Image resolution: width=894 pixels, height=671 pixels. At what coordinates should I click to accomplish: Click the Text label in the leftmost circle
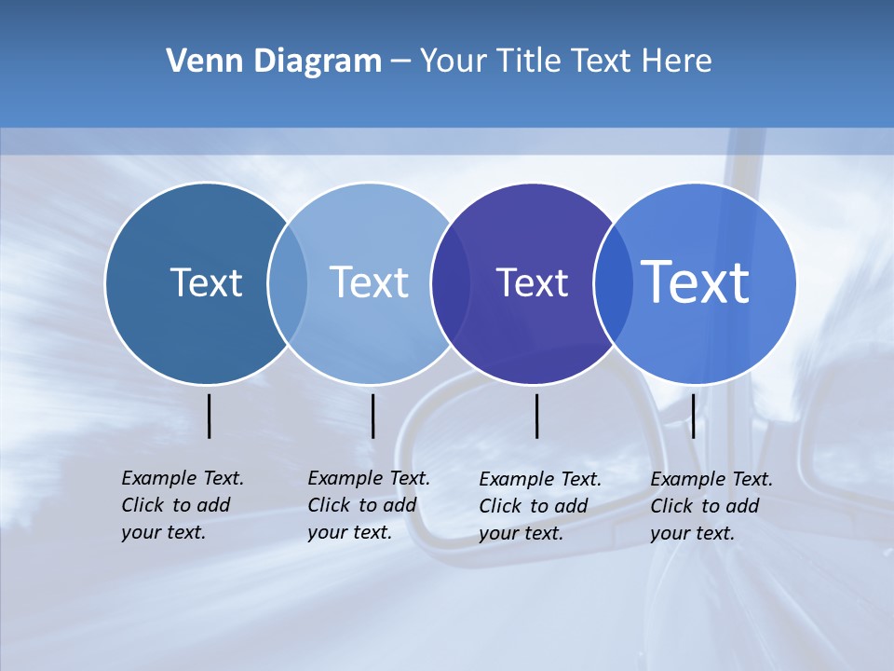(x=206, y=282)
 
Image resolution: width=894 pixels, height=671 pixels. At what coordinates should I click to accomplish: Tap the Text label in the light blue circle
(x=369, y=282)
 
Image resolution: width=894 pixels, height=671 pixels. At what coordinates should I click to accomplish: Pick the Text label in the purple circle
(x=532, y=282)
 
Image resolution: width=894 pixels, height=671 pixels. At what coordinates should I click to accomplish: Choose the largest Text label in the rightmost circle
(x=696, y=281)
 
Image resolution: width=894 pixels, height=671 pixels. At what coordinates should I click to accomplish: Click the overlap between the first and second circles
(x=288, y=282)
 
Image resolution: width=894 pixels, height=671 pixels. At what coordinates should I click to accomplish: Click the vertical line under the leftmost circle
(x=210, y=416)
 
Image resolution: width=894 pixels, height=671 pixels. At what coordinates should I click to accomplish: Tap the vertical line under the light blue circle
(x=372, y=416)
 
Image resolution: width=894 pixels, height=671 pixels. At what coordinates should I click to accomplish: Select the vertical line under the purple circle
(x=536, y=416)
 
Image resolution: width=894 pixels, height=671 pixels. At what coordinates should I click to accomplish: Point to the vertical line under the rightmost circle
(x=693, y=416)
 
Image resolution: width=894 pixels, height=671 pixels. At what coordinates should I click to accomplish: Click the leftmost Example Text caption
(x=182, y=505)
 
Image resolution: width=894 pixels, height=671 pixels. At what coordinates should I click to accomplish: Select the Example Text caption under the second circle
(x=368, y=505)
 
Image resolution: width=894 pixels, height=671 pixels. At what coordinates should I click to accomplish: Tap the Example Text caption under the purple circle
(x=539, y=506)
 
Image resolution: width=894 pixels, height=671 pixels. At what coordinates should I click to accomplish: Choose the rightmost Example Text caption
(x=711, y=506)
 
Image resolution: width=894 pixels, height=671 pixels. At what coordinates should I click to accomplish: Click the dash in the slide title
(x=400, y=62)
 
